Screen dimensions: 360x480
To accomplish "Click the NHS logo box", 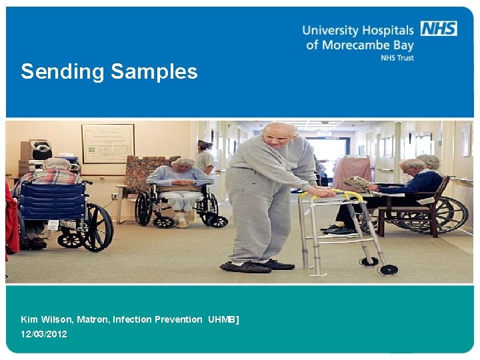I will (438, 28).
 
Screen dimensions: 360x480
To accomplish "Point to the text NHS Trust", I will (397, 58).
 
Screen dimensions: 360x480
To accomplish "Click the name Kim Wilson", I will (46, 319).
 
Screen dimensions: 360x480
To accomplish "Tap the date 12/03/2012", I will (44, 334).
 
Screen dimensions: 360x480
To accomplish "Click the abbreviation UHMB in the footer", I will (222, 319).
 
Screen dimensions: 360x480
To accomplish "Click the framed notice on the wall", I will (107, 143).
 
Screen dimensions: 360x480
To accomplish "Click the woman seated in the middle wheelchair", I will (181, 183).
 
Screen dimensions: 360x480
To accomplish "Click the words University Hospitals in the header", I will (358, 30).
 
